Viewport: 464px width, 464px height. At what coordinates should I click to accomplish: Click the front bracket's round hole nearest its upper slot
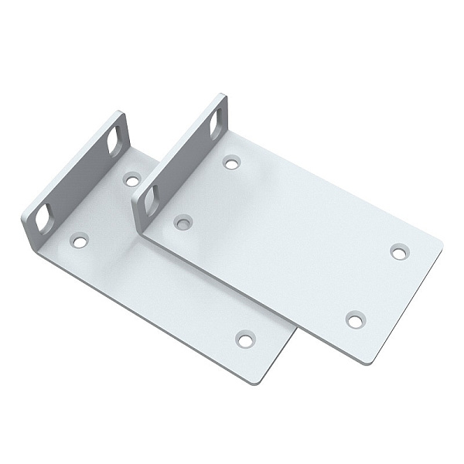click(x=230, y=162)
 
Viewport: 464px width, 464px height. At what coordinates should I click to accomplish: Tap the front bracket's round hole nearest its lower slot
click(x=183, y=223)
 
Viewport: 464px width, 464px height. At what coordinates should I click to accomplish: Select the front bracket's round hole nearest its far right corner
click(x=398, y=251)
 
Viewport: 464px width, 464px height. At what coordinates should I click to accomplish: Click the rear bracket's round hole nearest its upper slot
click(x=132, y=179)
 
